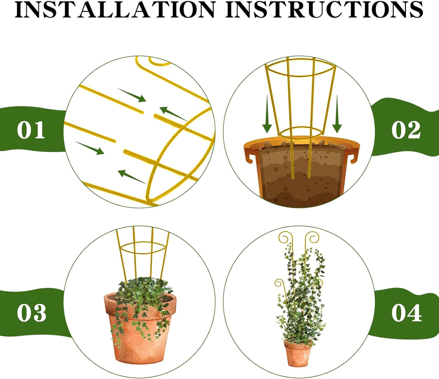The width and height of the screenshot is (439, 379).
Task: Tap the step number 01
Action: click(31, 130)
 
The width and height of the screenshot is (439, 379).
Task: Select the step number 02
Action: click(406, 130)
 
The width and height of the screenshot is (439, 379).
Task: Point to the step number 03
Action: click(31, 313)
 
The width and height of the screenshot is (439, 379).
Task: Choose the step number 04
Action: click(406, 313)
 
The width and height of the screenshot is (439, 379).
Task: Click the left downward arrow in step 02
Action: click(267, 115)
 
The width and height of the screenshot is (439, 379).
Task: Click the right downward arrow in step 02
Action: click(337, 115)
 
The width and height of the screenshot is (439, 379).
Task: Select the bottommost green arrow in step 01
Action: click(131, 177)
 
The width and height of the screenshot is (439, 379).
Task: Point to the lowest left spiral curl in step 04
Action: click(279, 283)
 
